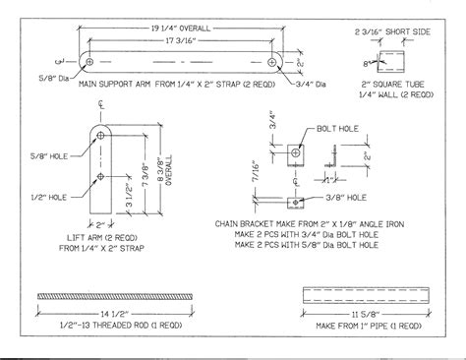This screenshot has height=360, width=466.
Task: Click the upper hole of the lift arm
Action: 101,136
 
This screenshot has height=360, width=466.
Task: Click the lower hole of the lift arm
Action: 101,178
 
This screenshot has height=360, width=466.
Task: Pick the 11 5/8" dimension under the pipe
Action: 368,315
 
